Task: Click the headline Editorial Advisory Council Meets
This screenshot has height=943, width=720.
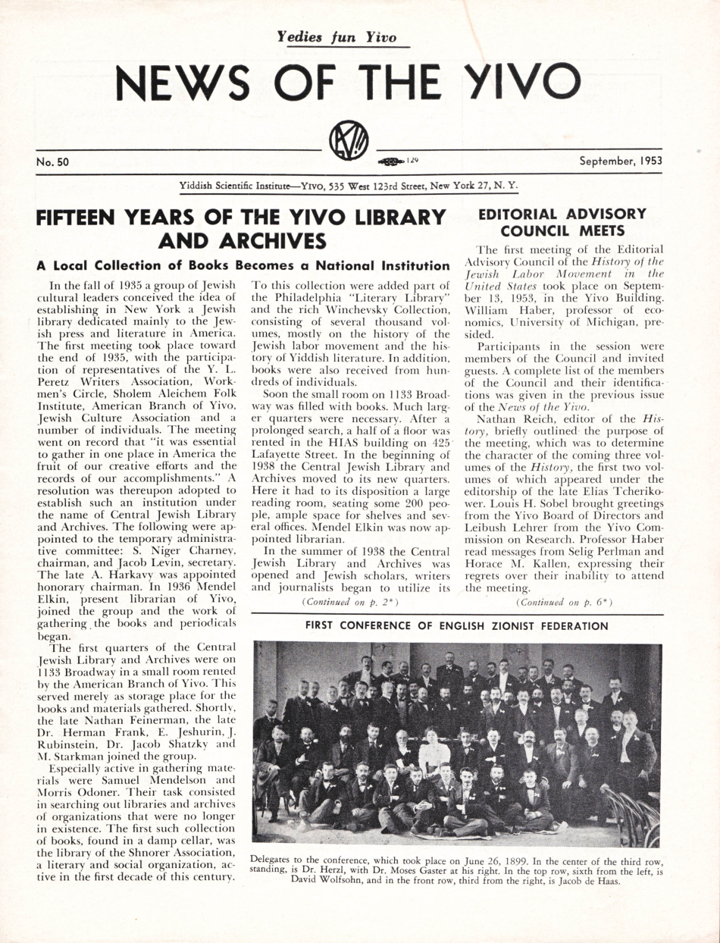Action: coord(562,221)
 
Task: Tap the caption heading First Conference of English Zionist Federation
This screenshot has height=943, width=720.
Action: coord(456,626)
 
